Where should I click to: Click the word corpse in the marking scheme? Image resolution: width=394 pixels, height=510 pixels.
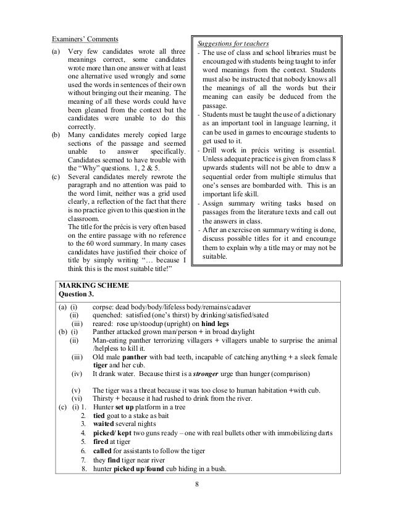pyautogui.click(x=103, y=307)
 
